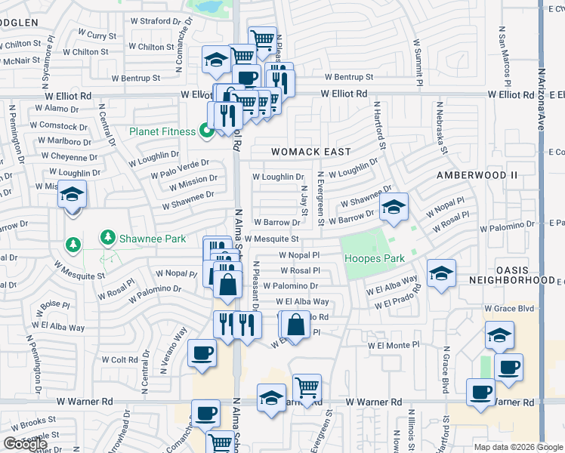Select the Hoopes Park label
375,258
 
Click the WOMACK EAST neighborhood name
311,152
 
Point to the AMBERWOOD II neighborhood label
477,174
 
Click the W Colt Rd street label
113,360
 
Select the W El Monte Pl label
393,345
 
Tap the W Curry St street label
101,35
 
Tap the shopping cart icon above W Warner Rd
307,388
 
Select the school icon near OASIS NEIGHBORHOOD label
441,273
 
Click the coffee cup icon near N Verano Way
202,353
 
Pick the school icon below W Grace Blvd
499,334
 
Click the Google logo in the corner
25,444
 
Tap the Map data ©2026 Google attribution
517,447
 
